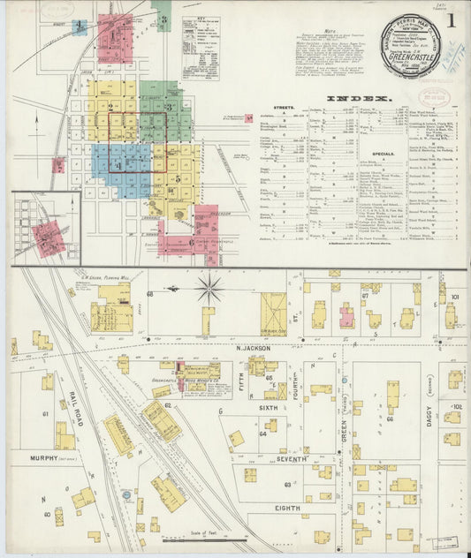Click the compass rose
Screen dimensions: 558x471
[209, 288]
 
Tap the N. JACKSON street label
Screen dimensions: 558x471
[257, 348]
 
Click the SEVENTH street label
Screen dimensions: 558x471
[292, 459]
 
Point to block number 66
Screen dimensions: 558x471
[390, 419]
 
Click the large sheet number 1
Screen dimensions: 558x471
[450, 18]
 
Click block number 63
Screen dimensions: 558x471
[287, 484]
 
